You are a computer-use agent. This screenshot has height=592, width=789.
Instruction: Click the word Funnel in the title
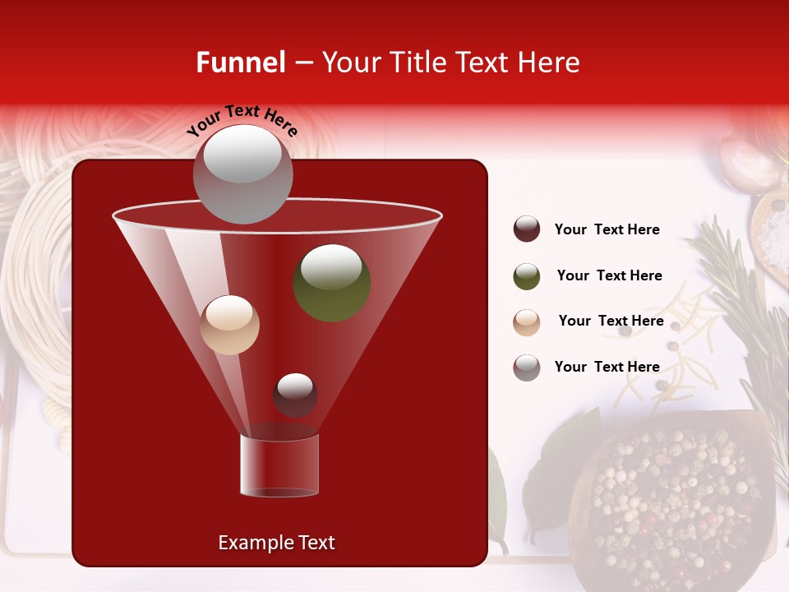tap(240, 62)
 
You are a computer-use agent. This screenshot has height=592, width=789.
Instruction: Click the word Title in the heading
tap(417, 62)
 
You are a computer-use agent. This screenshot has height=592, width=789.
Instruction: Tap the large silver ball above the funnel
tap(242, 173)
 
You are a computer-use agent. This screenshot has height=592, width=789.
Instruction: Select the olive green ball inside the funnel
tap(331, 283)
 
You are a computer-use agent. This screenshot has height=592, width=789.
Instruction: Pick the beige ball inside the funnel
tap(229, 325)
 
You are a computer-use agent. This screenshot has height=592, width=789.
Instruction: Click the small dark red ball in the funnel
tap(295, 395)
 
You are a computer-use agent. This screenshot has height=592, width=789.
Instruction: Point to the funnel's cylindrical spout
tap(279, 465)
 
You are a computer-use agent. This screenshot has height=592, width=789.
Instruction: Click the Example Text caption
tap(276, 543)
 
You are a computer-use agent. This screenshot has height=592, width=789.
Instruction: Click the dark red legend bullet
tap(527, 229)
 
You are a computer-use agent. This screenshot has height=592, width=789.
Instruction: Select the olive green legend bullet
tap(527, 276)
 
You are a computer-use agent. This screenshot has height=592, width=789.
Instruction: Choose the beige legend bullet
tap(527, 322)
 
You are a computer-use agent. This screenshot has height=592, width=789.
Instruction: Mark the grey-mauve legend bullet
tap(527, 368)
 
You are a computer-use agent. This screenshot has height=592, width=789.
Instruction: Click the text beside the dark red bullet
tap(607, 229)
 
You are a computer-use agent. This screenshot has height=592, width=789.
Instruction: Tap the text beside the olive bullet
tap(609, 275)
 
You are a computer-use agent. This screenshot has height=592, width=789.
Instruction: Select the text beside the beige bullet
tap(611, 321)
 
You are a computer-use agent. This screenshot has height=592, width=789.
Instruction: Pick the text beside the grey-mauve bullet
tap(607, 367)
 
